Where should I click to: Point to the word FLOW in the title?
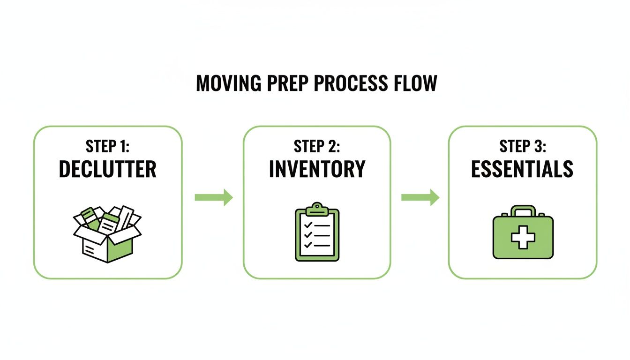[x=414, y=83]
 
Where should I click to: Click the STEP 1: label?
[x=107, y=146]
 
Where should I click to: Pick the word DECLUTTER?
[x=107, y=169]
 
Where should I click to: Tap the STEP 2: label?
[x=317, y=146]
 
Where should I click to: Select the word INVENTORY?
[x=317, y=169]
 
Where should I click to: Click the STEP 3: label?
[x=522, y=146]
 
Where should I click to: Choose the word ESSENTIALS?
[x=522, y=169]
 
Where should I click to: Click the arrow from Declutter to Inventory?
[x=214, y=197]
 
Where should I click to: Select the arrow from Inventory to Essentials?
[x=420, y=197]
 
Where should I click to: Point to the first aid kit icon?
[x=523, y=233]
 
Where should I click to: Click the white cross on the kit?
[x=523, y=238]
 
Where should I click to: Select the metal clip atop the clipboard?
[x=317, y=208]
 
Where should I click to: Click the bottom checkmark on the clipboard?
[x=308, y=245]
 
